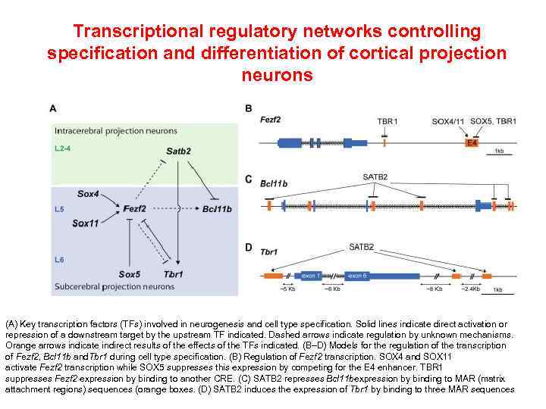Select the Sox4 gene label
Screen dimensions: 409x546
click(88, 194)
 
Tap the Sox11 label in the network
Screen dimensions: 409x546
click(86, 223)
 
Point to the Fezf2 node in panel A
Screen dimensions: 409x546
click(134, 208)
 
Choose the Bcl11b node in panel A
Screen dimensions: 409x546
click(218, 208)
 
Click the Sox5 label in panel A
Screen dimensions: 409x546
click(130, 273)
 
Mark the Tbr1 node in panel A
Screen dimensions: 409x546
click(174, 273)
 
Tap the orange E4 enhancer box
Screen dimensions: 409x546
click(472, 142)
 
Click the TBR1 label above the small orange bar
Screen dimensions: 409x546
click(387, 121)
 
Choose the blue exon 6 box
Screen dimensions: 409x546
click(359, 276)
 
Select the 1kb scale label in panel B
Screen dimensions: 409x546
click(498, 151)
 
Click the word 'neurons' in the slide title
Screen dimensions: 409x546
click(277, 75)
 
